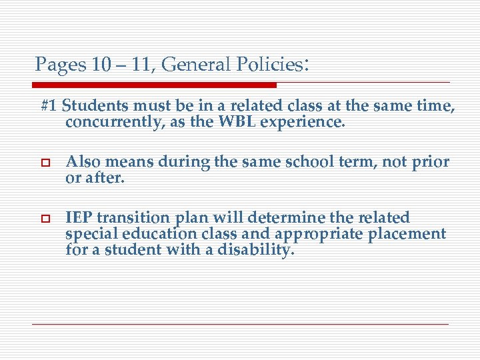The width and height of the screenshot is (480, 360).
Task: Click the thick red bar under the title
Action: pyautogui.click(x=154, y=85)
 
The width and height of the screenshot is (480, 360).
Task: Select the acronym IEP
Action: pyautogui.click(x=77, y=218)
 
